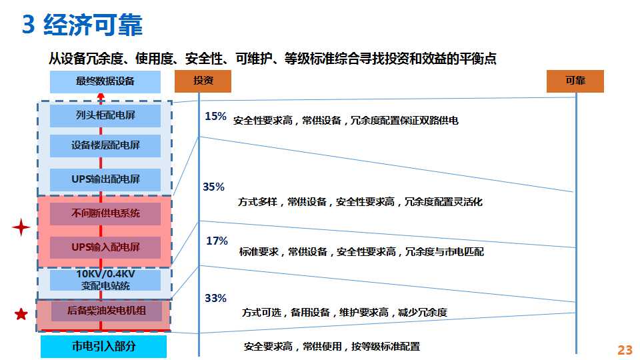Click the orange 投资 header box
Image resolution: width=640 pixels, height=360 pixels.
[x=203, y=81]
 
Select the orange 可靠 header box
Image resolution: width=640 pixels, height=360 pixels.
[x=575, y=81]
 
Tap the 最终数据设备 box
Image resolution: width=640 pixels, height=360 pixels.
[x=105, y=81]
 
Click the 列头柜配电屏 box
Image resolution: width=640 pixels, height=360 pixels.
[x=105, y=115]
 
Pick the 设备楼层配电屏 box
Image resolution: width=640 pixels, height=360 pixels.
[x=105, y=146]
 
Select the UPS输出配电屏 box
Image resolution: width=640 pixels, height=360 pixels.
[x=105, y=179]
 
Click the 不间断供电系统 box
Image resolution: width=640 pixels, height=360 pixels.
[x=105, y=213]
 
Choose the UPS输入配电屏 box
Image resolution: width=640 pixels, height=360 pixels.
[x=105, y=247]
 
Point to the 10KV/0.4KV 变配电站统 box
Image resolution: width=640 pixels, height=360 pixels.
[x=105, y=280]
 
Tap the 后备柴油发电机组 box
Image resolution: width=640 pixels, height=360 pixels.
[x=106, y=311]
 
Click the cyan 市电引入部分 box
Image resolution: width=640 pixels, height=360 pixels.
[x=104, y=347]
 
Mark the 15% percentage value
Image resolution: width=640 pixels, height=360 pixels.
[x=215, y=116]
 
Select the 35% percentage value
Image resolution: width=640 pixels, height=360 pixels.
[x=213, y=187]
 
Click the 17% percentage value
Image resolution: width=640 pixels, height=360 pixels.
[x=217, y=241]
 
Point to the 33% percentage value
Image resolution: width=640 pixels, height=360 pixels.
[x=215, y=299]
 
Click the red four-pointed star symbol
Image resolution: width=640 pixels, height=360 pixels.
[x=21, y=227]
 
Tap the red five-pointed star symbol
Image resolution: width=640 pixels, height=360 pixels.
[x=21, y=314]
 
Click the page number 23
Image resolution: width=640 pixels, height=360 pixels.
[x=625, y=350]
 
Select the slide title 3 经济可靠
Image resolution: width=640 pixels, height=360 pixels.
[x=82, y=25]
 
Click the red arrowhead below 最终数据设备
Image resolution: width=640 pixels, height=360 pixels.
[x=101, y=96]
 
